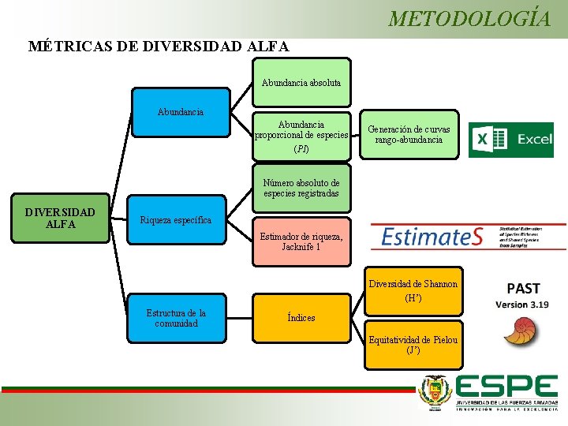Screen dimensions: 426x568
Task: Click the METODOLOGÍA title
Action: [x=469, y=18]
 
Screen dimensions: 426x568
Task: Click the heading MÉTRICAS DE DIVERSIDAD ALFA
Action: [x=159, y=46]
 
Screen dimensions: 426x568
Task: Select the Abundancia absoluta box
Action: [x=301, y=82]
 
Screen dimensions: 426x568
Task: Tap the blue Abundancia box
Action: [x=181, y=112]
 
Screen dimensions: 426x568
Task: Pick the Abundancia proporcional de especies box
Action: [x=301, y=136]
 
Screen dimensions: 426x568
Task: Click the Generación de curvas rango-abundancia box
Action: [x=409, y=135]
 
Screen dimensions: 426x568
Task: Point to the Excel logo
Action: [x=510, y=140]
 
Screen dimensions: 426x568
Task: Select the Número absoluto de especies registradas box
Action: [x=301, y=188]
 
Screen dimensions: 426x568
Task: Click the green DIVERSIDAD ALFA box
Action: [x=60, y=219]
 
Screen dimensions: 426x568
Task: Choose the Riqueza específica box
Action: [x=175, y=220]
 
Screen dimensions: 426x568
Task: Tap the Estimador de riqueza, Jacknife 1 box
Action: [x=301, y=241]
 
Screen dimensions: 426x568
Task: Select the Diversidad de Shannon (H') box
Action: [x=413, y=291]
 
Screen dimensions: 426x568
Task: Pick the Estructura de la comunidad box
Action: [x=176, y=318]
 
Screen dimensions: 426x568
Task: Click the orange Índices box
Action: [x=301, y=318]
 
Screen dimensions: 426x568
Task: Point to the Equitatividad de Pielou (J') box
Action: [x=413, y=344]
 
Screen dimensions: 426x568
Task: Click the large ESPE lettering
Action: [x=505, y=387]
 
